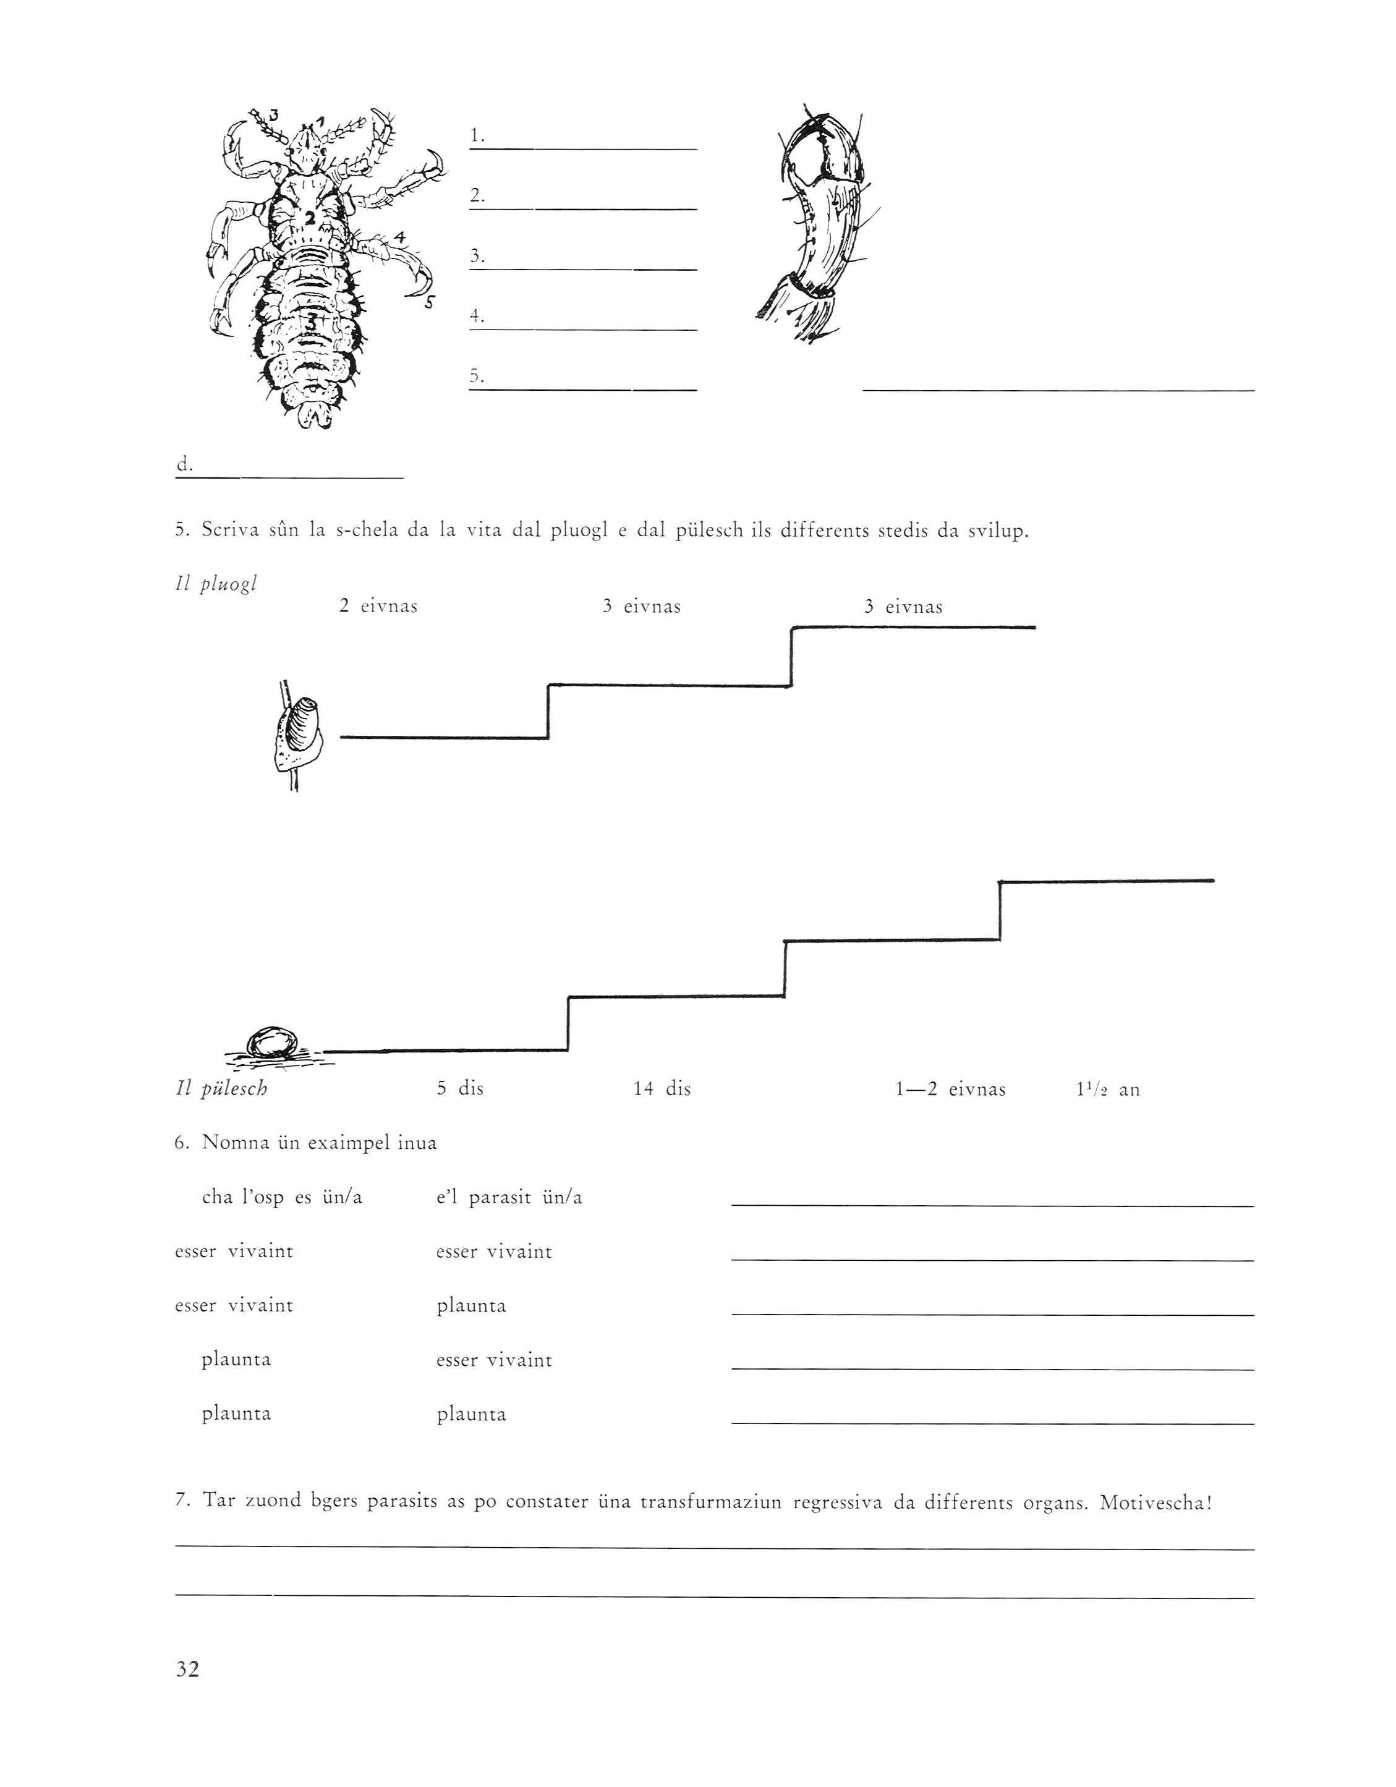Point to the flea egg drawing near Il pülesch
click(271, 1044)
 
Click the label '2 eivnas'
click(378, 607)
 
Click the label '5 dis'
click(459, 1089)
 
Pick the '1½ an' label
click(1106, 1089)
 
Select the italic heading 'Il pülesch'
click(221, 1089)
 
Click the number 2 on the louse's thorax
click(310, 218)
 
